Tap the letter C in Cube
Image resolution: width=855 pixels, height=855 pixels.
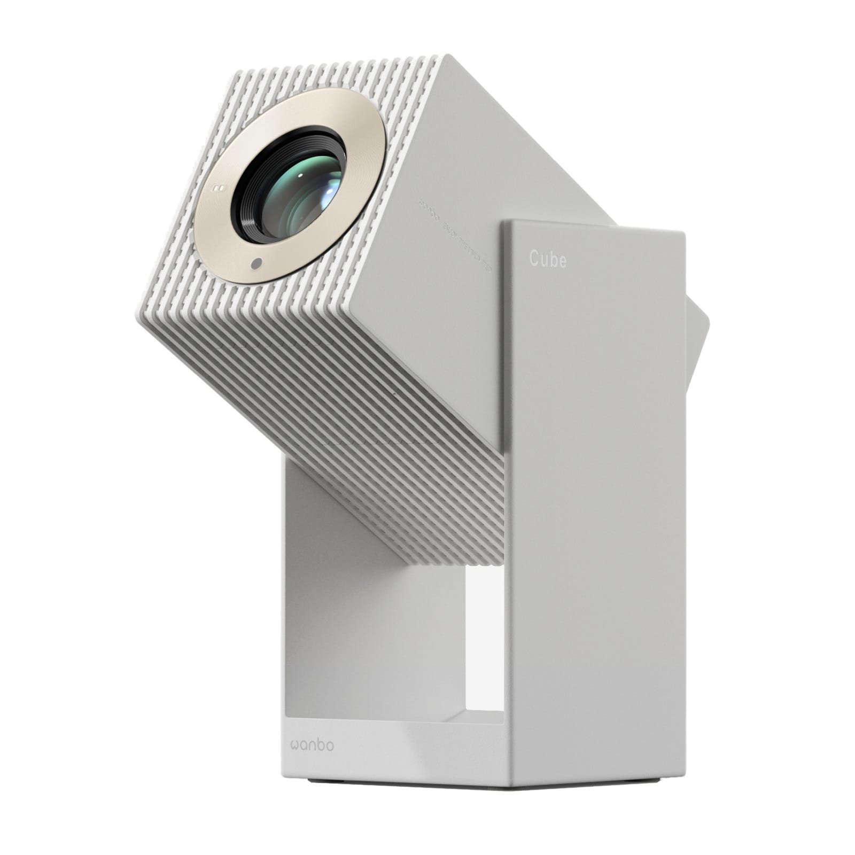coord(534,259)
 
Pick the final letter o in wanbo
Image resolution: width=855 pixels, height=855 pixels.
coord(329,744)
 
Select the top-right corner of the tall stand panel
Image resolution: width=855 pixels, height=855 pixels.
coord(683,234)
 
